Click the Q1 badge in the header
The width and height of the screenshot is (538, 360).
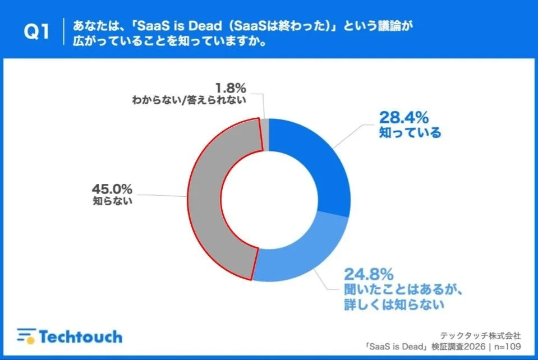click(x=36, y=33)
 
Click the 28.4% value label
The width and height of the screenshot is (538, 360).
click(x=404, y=117)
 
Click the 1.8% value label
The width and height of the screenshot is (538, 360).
click(x=231, y=89)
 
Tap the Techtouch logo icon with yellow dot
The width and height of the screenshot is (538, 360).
click(x=26, y=335)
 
